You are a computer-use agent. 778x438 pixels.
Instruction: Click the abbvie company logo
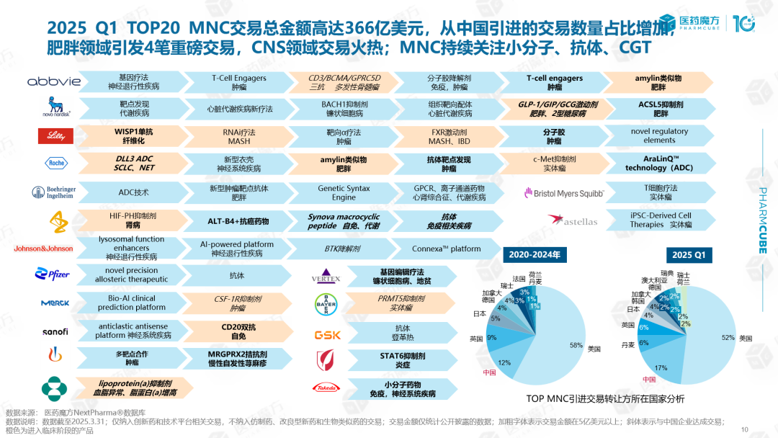(54, 81)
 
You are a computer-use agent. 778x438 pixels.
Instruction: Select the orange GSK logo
(327, 335)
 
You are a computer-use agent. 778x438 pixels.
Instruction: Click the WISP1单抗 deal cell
(134, 136)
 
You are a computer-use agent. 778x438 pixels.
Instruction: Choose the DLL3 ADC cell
(134, 164)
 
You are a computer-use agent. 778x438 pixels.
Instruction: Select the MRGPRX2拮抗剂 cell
(237, 359)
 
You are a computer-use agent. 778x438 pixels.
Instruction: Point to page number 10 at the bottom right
(744, 430)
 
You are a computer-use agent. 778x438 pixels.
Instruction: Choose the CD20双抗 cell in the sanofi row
(237, 331)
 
